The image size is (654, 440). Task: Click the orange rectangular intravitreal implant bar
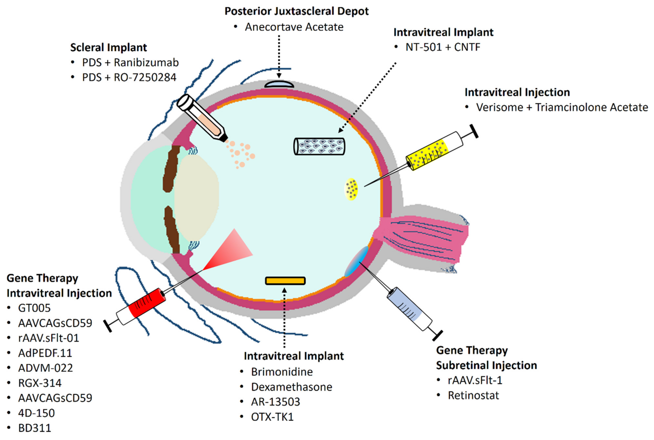pos(285,281)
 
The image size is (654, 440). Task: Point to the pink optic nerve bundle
pos(424,238)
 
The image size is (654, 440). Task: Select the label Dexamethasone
pos(291,387)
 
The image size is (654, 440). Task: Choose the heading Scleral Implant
pos(108,47)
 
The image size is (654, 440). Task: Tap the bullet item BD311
pos(35,428)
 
